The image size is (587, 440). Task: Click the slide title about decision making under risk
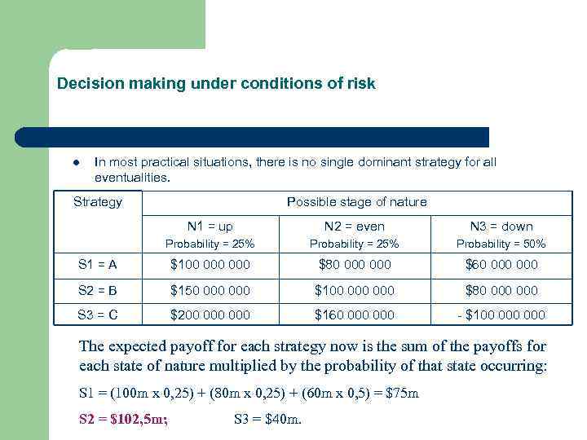216,84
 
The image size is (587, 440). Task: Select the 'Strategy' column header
98,202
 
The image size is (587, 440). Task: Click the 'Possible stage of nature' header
356,202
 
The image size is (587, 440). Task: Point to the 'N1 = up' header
210,227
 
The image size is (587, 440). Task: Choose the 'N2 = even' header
355,227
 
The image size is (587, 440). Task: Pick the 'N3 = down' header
501,227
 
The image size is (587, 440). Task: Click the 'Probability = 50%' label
501,244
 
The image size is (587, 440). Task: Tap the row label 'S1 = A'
98,265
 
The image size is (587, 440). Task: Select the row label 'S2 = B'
98,290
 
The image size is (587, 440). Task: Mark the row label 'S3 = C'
98,315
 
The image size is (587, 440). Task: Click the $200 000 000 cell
210,315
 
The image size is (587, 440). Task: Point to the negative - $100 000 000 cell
501,315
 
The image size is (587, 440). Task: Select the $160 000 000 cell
355,315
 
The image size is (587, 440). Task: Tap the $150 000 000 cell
210,290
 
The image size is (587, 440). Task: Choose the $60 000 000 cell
501,265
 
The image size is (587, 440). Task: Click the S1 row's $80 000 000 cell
355,265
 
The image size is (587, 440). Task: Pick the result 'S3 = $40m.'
267,420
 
